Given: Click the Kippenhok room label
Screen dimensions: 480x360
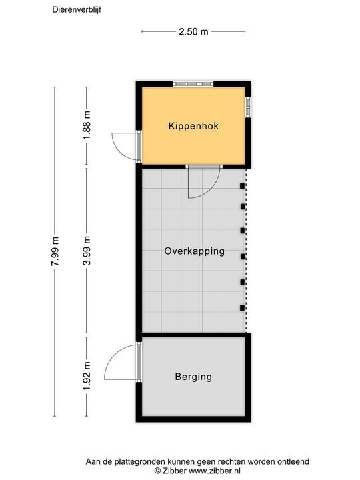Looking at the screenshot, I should pos(193,125).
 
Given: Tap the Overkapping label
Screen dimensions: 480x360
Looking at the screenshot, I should pos(194,252).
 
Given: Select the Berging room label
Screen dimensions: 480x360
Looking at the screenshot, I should pos(193,377).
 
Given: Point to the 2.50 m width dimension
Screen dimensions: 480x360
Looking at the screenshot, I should pos(194,31).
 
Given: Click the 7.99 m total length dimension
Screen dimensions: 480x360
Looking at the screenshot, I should pos(55,252).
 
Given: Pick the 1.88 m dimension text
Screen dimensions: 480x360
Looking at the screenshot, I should pos(87,125).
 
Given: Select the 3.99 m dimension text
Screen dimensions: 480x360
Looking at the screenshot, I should pos(87,252).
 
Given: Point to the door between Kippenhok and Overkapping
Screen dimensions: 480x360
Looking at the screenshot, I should pos(199,183).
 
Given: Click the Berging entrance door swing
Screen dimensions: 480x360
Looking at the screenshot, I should pos(122,363).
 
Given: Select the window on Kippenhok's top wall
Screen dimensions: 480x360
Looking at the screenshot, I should pos(193,84).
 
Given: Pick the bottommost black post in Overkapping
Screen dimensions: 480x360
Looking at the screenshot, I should pos(242,307).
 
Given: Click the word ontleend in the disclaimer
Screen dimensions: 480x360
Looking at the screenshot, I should pos(292,461).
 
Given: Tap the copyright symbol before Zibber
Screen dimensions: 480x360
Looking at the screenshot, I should pos(157,470).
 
